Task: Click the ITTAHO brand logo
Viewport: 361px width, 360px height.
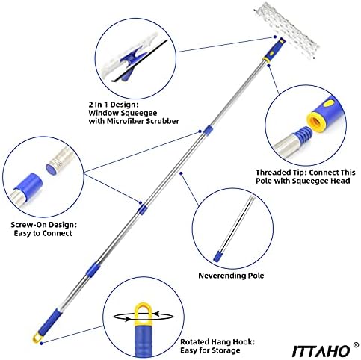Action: (x=321, y=351)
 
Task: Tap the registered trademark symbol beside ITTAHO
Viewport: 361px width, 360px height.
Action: (x=357, y=345)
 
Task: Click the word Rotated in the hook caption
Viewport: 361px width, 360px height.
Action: (x=194, y=342)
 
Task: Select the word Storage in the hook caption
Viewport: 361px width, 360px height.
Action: (x=226, y=350)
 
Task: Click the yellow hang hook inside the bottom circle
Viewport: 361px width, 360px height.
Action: (x=144, y=314)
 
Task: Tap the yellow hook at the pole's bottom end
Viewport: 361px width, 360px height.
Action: (x=37, y=338)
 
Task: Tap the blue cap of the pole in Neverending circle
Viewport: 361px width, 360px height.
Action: (x=218, y=256)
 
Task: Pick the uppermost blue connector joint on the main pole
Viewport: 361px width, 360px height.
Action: (x=208, y=130)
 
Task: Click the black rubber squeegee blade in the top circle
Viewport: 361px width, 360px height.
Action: (x=140, y=60)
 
